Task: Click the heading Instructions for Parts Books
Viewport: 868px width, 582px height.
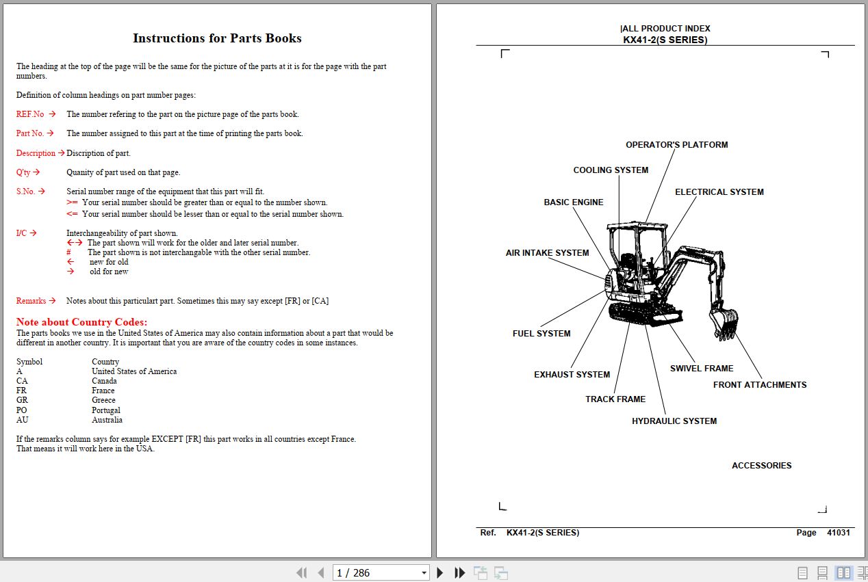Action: click(x=217, y=38)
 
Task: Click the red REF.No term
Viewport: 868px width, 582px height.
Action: click(x=31, y=114)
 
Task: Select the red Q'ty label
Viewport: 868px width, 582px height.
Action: click(x=24, y=172)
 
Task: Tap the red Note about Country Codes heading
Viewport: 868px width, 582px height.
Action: click(x=81, y=322)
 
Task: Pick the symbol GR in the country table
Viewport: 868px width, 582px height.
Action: click(x=22, y=400)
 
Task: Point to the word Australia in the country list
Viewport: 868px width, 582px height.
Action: click(x=107, y=420)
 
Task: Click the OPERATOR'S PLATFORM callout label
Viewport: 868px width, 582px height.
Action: click(x=676, y=145)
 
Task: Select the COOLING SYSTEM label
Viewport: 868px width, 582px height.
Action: click(x=611, y=170)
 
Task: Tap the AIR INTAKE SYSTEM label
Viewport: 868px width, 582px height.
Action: click(x=547, y=253)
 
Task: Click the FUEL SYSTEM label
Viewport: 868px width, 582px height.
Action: click(x=541, y=334)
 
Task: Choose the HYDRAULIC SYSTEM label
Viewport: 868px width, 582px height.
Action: click(x=674, y=421)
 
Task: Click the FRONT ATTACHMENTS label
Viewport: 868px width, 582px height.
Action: click(x=760, y=385)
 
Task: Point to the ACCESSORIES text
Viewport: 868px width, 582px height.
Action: click(x=761, y=466)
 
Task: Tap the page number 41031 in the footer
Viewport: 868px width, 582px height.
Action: click(x=838, y=533)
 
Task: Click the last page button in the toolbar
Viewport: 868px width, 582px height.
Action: click(x=460, y=573)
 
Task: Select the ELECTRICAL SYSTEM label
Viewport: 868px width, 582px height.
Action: click(x=719, y=192)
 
